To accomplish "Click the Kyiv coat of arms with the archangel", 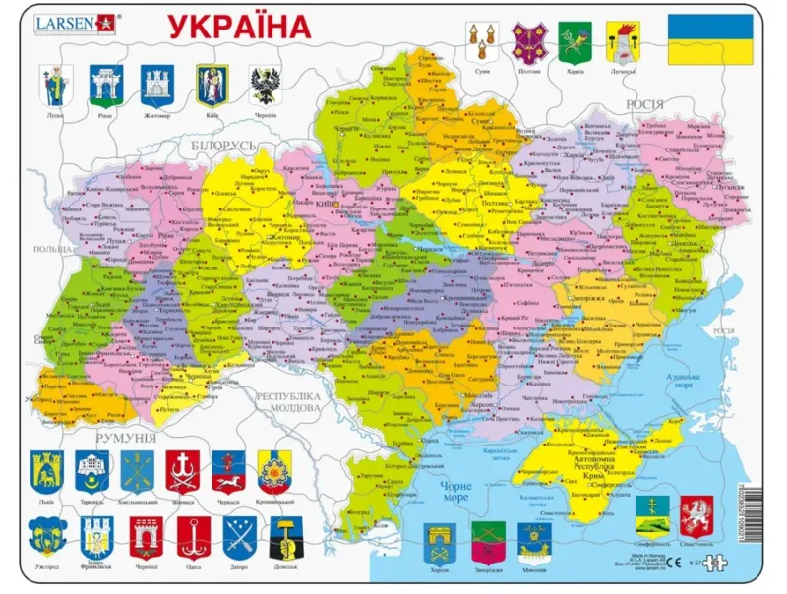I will [x=212, y=85].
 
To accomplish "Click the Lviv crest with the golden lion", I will [x=43, y=470].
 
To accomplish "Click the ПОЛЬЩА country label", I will [x=50, y=251].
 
